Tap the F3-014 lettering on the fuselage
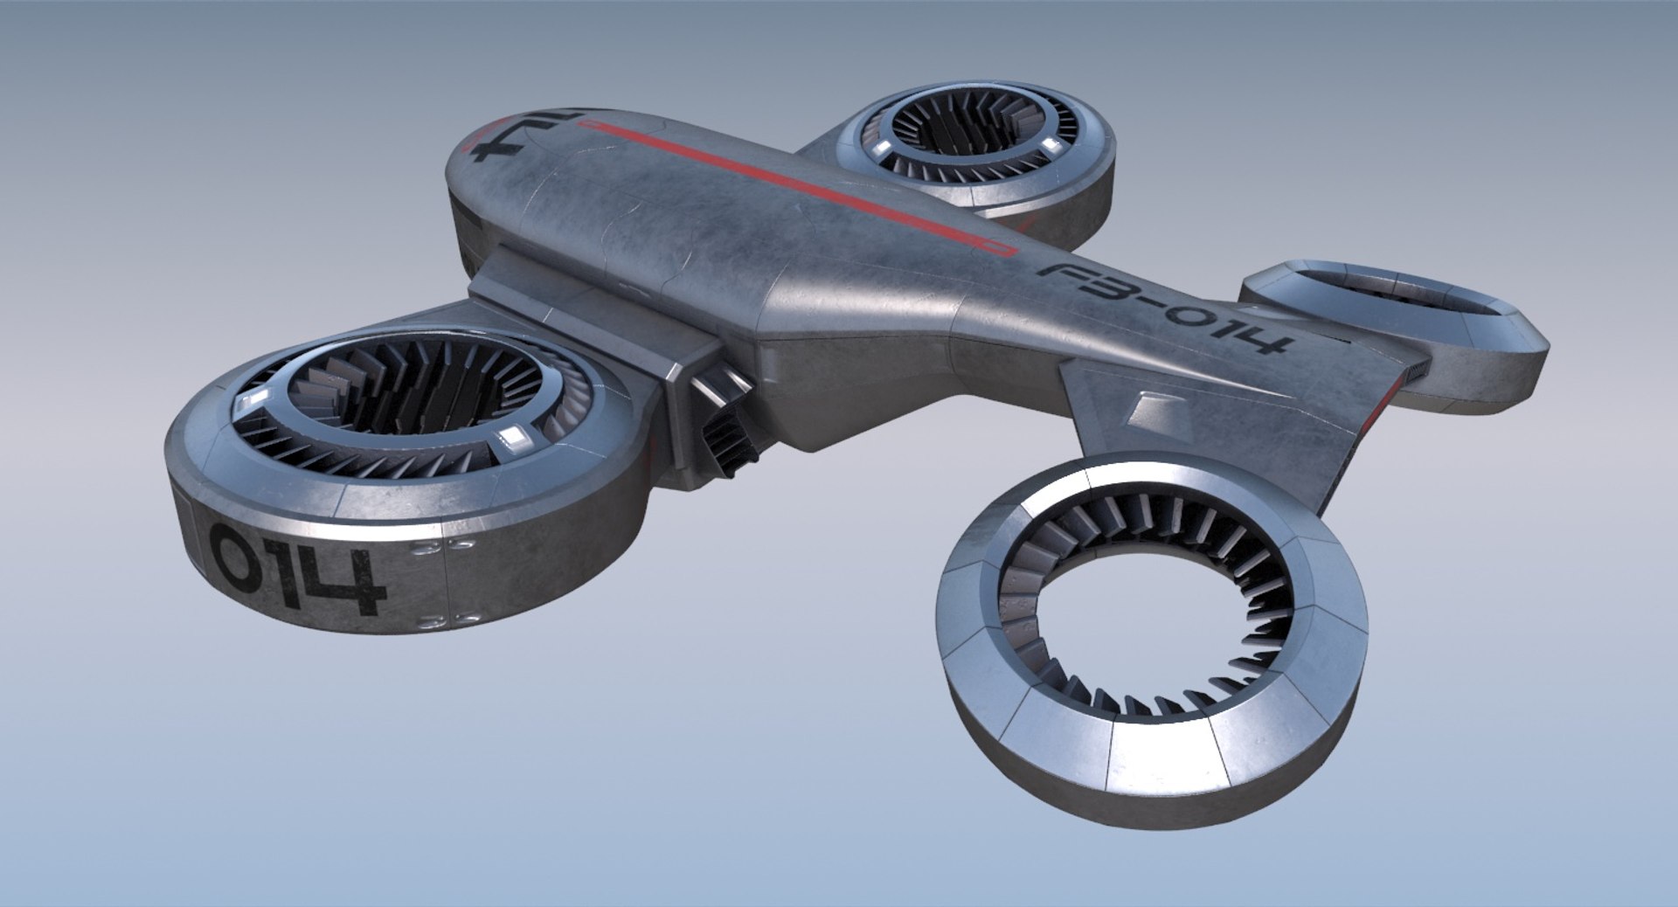[x=1163, y=305]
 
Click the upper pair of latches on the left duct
[x=442, y=547]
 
